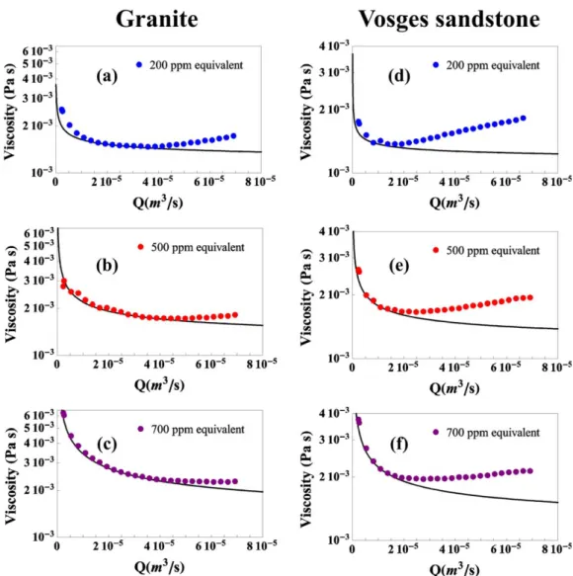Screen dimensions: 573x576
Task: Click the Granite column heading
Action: [x=157, y=19]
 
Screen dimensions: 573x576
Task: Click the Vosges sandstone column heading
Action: [x=449, y=19]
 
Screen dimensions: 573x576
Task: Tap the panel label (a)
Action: [x=107, y=76]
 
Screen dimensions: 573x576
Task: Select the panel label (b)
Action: [x=108, y=266]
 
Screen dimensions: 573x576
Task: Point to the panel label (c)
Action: [x=108, y=445]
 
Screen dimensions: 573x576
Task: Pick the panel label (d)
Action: [x=399, y=76]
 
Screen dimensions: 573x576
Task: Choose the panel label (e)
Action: [x=399, y=266]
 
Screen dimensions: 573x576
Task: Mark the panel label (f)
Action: [x=399, y=445]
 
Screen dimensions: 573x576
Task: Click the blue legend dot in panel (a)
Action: [x=139, y=64]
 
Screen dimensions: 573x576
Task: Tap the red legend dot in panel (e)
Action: [x=436, y=250]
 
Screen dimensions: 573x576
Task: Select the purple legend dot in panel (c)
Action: [x=140, y=429]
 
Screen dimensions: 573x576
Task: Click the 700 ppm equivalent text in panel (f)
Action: [x=493, y=433]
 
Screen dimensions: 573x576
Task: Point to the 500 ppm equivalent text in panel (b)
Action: [x=198, y=248]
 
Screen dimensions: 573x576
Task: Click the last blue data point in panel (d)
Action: [x=524, y=119]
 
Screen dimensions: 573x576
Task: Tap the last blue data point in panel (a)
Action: [x=233, y=136]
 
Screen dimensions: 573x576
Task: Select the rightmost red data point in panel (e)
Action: [x=530, y=297]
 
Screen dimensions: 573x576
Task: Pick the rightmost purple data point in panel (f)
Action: [x=530, y=471]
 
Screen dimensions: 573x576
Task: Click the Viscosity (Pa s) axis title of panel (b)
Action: [x=11, y=294]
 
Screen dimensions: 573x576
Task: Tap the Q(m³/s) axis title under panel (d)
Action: [x=454, y=202]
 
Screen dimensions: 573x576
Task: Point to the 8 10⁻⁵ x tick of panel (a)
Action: [x=261, y=182]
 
